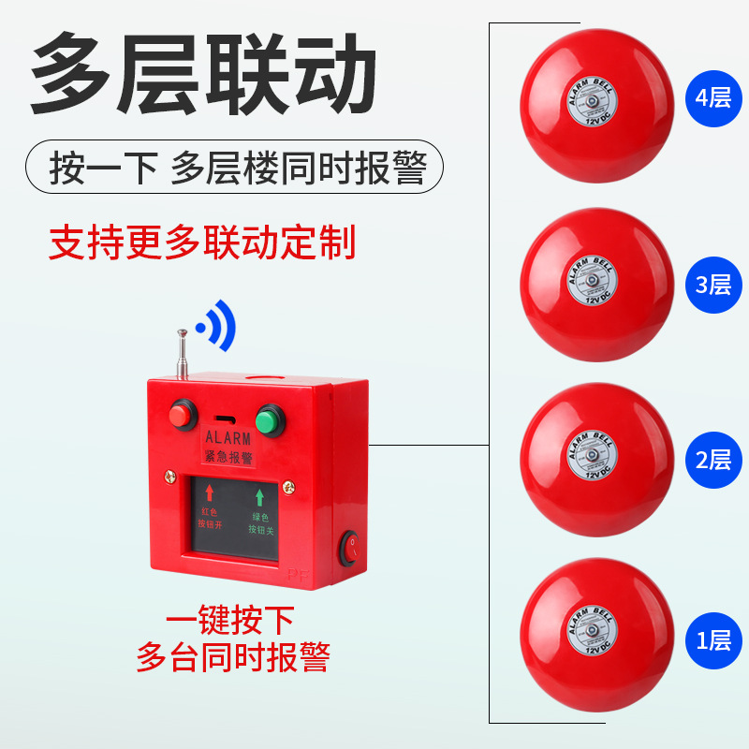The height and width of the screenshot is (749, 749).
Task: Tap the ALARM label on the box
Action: tap(228, 437)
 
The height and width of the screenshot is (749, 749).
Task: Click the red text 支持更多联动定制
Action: tap(202, 242)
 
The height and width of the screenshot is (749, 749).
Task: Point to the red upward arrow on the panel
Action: tap(211, 492)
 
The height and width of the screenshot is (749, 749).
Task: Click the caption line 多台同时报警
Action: tap(233, 656)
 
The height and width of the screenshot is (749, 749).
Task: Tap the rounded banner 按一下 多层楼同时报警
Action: tap(234, 168)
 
